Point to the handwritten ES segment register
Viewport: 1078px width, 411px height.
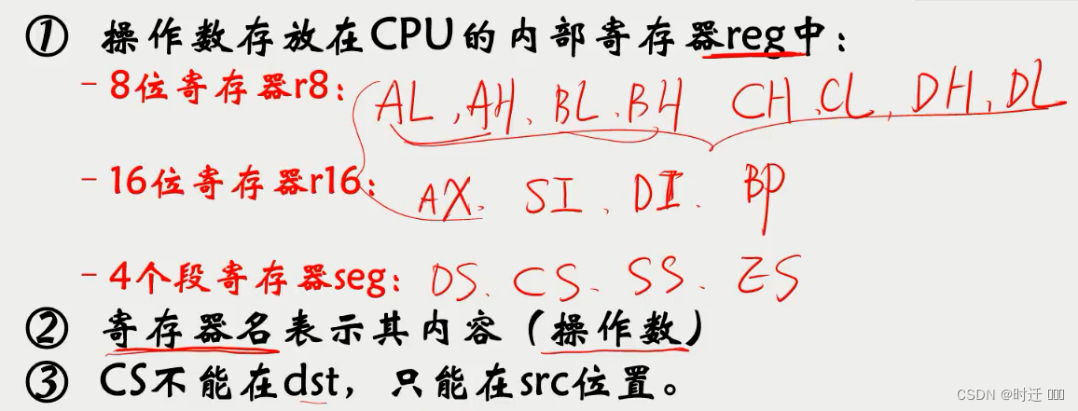tap(769, 277)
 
